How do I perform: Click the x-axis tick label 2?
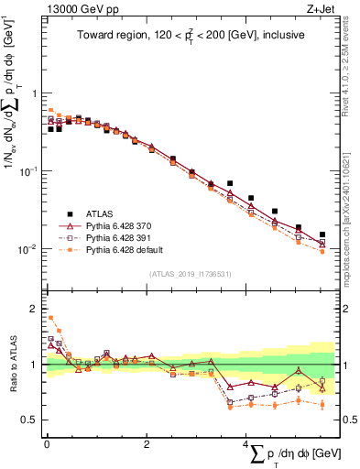coord(147,444)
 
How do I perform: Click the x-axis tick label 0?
coord(46,444)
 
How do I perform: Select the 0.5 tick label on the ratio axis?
coord(30,420)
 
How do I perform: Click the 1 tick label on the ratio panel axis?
coord(34,365)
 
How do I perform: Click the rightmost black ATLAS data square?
coord(322,234)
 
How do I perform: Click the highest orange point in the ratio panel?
coord(50,318)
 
